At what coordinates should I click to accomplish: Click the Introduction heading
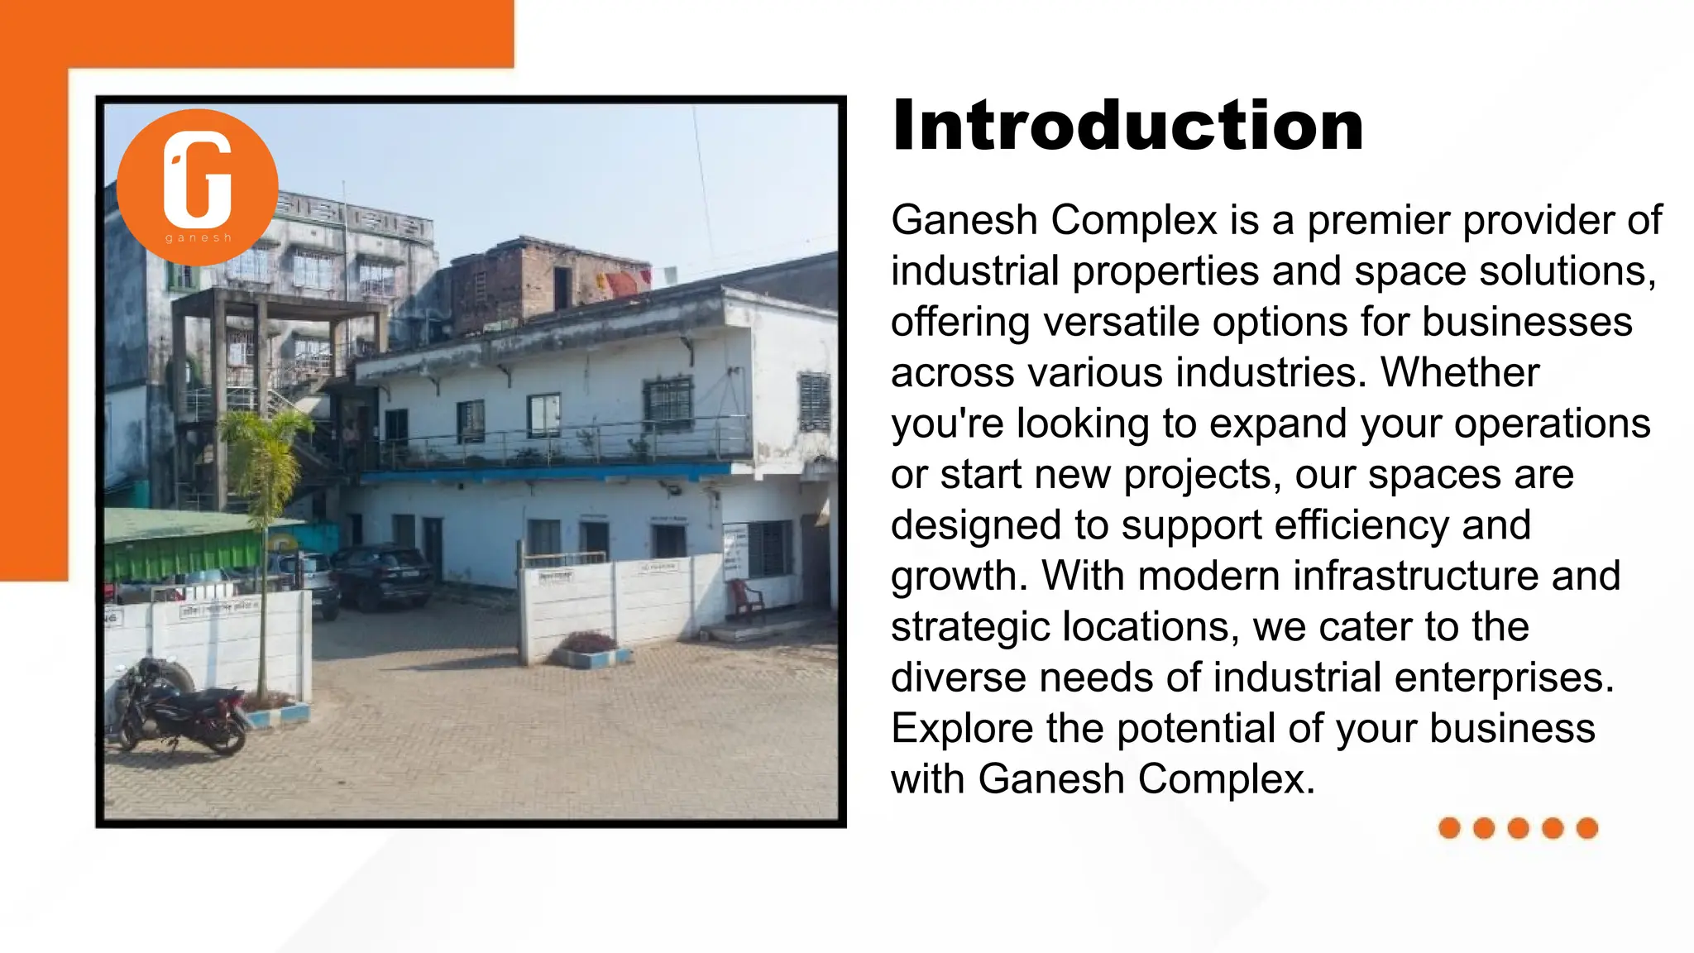1127,126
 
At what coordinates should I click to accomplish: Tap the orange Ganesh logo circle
198,187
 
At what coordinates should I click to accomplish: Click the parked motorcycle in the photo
178,708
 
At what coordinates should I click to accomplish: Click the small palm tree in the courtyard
263,496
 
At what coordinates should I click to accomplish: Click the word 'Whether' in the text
1460,373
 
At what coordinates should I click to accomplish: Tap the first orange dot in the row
1449,828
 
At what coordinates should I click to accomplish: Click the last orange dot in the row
1586,828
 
